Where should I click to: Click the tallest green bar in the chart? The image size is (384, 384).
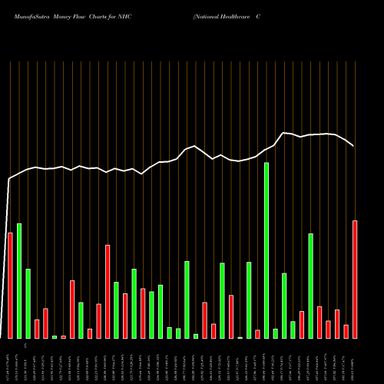pyautogui.click(x=266, y=250)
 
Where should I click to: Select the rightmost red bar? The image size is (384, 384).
pyautogui.click(x=355, y=280)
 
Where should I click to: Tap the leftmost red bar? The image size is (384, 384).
pyautogui.click(x=10, y=285)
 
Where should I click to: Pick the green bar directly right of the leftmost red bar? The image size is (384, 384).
pyautogui.click(x=19, y=281)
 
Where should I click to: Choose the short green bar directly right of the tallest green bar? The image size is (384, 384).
pyautogui.click(x=276, y=333)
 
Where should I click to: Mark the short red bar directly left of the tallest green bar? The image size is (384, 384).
pyautogui.click(x=258, y=334)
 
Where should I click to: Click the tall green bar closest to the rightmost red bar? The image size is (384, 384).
pyautogui.click(x=311, y=286)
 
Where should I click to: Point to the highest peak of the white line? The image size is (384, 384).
pyautogui.click(x=284, y=133)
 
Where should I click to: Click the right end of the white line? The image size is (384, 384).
pyautogui.click(x=353, y=146)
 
